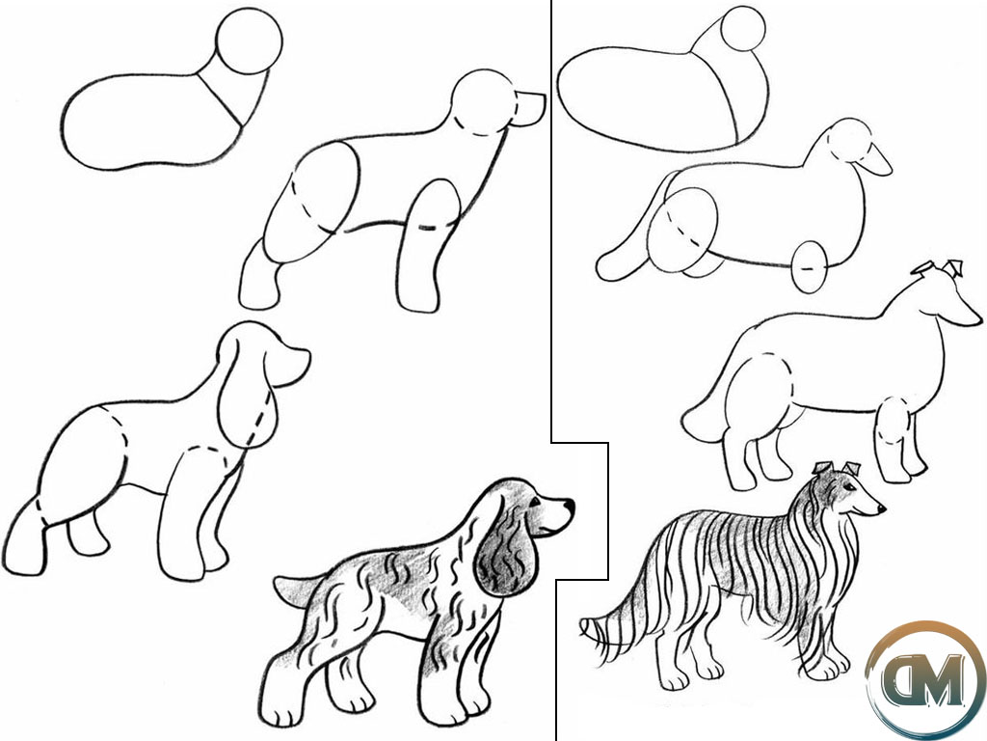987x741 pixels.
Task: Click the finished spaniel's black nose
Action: [x=569, y=506]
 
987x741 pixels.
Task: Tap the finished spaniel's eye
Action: [x=535, y=502]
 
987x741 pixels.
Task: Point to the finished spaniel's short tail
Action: [x=296, y=590]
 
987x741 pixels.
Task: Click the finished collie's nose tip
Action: [x=882, y=508]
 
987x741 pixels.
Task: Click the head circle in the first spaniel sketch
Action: [x=250, y=41]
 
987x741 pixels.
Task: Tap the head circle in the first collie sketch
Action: [x=743, y=28]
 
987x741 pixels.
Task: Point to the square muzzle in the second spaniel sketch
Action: [x=529, y=108]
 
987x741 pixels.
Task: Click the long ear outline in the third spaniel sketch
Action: [x=248, y=384]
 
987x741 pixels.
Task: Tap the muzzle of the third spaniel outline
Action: [x=288, y=366]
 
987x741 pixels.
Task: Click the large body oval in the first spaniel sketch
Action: [x=151, y=121]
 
